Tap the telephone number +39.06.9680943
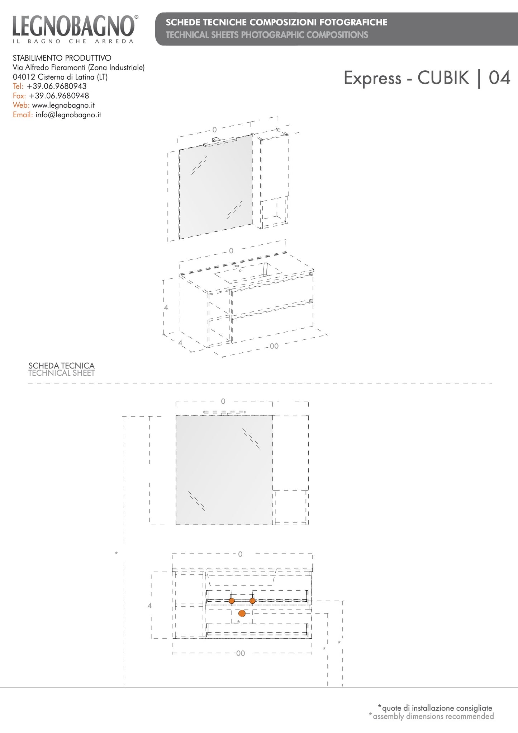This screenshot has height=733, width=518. coord(57,86)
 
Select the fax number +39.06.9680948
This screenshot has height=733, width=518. coord(59,96)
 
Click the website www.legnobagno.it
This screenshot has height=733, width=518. coord(63,105)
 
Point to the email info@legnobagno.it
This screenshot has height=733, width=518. coord(68,115)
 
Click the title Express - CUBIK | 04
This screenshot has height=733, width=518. coord(427,78)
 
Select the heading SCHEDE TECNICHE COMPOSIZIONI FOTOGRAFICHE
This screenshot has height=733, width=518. coord(276,22)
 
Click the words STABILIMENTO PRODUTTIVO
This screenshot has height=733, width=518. coord(62,58)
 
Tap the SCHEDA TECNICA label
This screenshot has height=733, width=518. coord(61,366)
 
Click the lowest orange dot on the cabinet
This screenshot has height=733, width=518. coord(242,613)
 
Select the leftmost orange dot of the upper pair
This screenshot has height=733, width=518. coord(232,601)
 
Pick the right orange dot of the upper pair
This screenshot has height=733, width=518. coord(252,601)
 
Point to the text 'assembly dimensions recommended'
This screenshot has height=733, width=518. coord(433,716)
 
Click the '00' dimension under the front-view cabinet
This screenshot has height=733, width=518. coord(241,653)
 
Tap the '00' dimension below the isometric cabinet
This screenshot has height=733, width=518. coord(274,346)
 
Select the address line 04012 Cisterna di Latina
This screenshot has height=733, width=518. coord(60,77)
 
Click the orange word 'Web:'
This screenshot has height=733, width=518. coord(21,105)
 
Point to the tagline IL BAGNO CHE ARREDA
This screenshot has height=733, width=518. coord(73,41)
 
